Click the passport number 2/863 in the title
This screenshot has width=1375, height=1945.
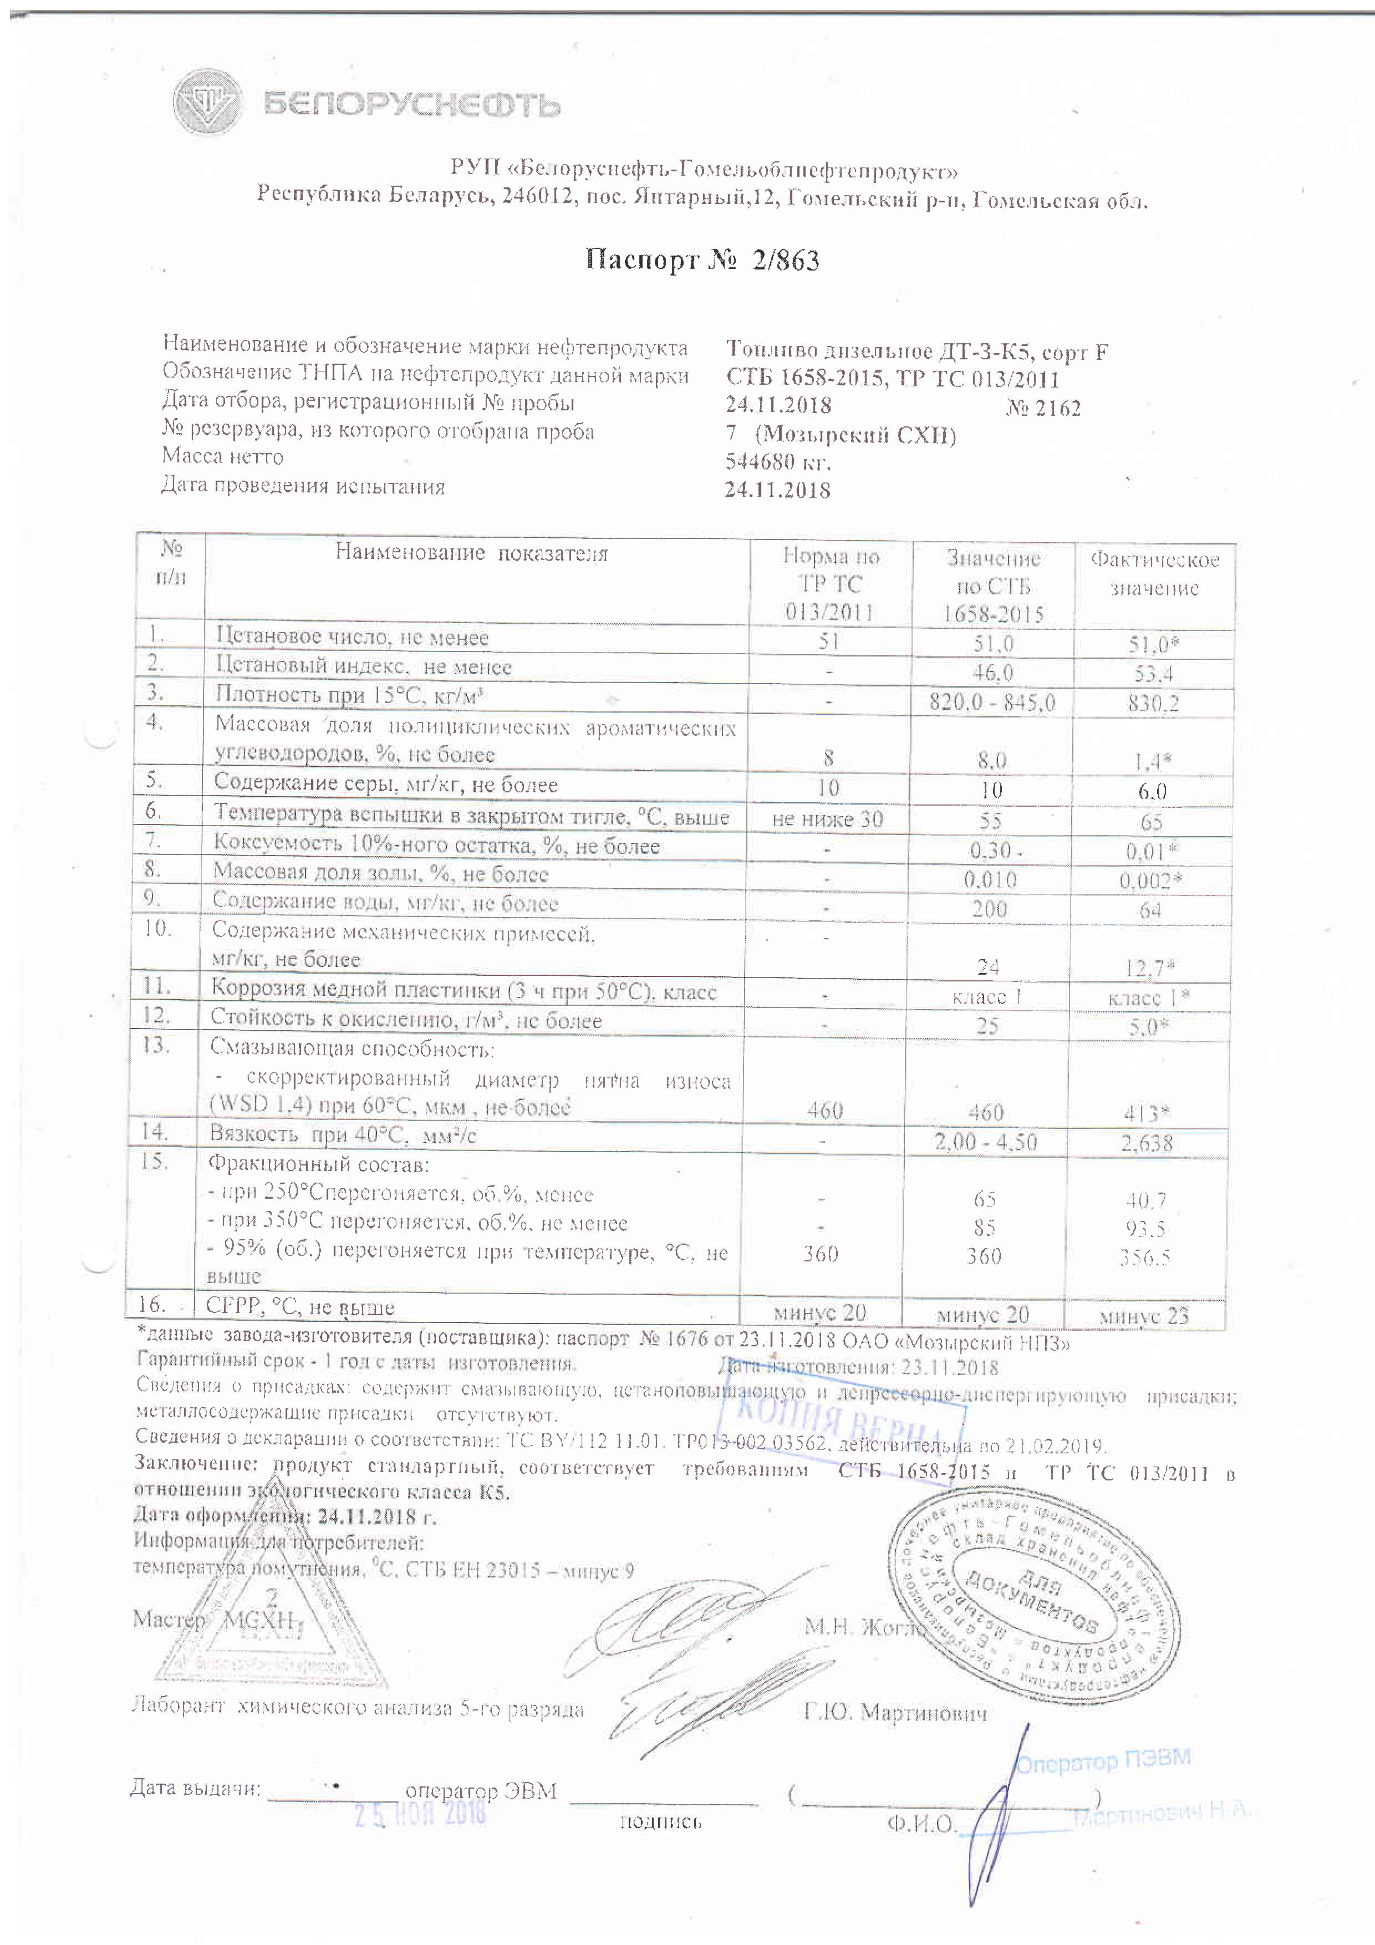(x=785, y=260)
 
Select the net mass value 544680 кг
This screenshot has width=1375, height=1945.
(x=778, y=462)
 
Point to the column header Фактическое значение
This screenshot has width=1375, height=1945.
(x=1154, y=573)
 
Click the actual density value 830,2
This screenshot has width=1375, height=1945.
(x=1153, y=703)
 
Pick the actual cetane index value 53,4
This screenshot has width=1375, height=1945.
(x=1154, y=674)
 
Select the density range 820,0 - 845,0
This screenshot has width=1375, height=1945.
(x=992, y=701)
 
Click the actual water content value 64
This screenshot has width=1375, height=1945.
(x=1150, y=910)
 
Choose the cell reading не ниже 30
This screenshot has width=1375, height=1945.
(x=827, y=818)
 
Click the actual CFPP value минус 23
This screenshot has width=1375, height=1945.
(x=1144, y=1316)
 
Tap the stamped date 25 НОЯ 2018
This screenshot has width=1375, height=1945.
(x=419, y=1813)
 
